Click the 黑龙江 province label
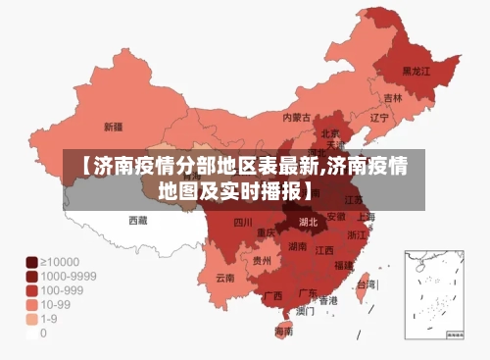[418, 72]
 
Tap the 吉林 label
[393, 98]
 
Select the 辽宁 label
[379, 118]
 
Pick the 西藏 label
[138, 221]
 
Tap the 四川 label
[243, 223]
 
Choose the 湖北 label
[308, 222]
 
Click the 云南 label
[225, 278]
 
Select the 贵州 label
[262, 262]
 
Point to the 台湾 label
[365, 284]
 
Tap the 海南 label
[283, 332]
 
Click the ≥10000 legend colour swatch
[31, 262]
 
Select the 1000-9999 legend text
[68, 277]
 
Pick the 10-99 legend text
[58, 305]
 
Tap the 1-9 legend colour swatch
[31, 319]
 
